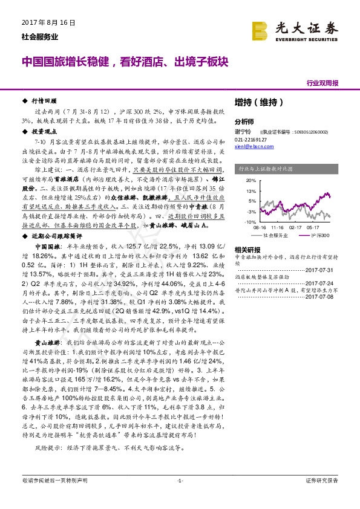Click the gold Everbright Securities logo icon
(x=259, y=30)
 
